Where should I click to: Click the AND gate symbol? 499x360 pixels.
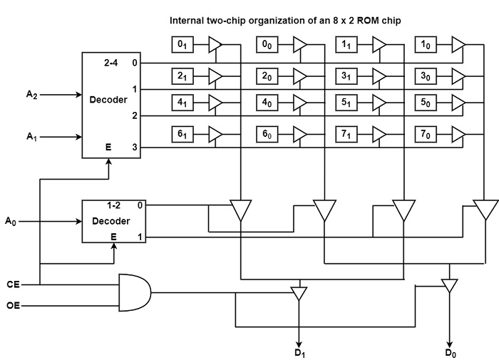134,293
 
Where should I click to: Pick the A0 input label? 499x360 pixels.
10,222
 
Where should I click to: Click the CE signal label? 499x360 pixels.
12,284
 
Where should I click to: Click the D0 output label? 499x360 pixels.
451,352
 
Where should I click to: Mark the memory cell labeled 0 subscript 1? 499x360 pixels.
181,45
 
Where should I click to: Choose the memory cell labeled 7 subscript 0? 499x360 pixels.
426,133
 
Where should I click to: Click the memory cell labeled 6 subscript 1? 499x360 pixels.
181,133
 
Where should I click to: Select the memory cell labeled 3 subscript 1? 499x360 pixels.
346,75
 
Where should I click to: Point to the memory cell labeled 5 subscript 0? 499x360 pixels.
426,103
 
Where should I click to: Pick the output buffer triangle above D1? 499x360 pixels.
299,292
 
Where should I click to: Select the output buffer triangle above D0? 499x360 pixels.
449,285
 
